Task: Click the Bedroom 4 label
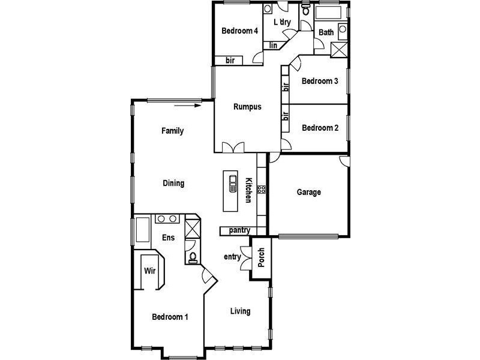[239, 31]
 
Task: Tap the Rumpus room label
[247, 107]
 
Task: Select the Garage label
[309, 193]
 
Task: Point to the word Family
[172, 131]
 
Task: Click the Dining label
[173, 184]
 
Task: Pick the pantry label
[239, 230]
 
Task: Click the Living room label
[241, 311]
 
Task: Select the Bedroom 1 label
[170, 317]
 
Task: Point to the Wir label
[150, 271]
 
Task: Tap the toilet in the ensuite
[193, 257]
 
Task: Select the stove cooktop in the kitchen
[262, 189]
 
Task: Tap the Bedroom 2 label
[320, 128]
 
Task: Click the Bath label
[326, 32]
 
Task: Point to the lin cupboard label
[273, 45]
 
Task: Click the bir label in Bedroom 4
[230, 60]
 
